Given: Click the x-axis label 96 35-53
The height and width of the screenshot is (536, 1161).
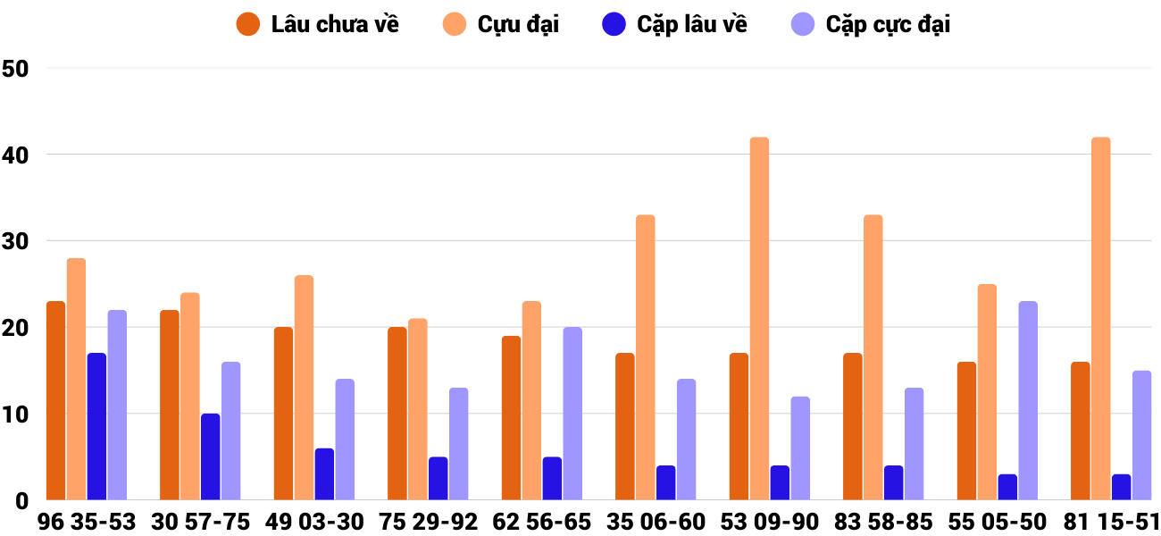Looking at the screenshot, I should click(87, 522).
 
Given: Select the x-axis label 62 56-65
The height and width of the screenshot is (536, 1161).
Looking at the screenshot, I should click(542, 522).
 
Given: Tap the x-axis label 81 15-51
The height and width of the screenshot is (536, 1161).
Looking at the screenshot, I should click(1111, 522).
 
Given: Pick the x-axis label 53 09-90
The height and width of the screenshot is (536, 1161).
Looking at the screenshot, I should click(770, 522).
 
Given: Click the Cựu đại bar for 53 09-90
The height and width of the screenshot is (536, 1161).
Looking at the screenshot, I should click(759, 319).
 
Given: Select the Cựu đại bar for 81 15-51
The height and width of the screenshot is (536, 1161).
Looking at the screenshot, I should click(1100, 319).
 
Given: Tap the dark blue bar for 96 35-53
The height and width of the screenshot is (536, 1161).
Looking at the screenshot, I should click(96, 427).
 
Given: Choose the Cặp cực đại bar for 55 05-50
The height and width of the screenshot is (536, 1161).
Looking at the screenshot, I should click(1028, 401).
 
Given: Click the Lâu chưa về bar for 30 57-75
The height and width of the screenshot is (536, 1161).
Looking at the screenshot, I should click(170, 406).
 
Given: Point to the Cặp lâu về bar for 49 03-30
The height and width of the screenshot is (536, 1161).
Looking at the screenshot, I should click(324, 474).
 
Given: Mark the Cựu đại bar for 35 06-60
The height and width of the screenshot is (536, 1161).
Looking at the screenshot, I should click(645, 357).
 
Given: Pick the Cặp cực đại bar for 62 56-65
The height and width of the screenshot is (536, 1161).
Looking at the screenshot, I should click(572, 414).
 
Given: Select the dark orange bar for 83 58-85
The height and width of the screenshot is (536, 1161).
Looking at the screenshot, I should click(853, 427).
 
